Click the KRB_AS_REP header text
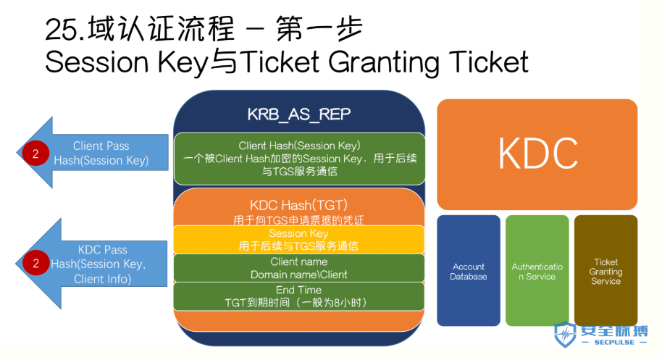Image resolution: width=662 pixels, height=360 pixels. coord(299,114)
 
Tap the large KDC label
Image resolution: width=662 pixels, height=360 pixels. coord(538,154)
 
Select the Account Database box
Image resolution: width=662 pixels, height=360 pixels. coord(468,270)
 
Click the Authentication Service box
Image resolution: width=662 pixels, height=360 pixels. coord(537,270)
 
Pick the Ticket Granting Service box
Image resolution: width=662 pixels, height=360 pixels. coord(606,270)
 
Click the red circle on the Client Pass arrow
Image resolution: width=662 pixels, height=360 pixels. coord(35,154)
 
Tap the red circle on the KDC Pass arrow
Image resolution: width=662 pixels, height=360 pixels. coord(35,263)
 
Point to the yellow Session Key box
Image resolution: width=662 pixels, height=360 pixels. coord(299,240)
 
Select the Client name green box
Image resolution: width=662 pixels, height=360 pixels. coord(299,268)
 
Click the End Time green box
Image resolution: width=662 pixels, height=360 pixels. coord(299,296)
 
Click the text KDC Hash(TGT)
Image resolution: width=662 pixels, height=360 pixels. coord(299,205)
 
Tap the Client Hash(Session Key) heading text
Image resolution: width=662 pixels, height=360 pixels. coord(299,146)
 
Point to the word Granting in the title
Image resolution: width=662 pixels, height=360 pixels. coord(384,63)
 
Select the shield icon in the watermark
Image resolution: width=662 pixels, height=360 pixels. coord(565,334)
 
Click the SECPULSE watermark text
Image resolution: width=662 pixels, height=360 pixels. coord(614,343)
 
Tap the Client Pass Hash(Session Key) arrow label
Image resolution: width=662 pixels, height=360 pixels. coord(101,154)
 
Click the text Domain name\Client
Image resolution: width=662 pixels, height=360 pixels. coord(299,275)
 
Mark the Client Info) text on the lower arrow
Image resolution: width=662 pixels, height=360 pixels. coord(103,279)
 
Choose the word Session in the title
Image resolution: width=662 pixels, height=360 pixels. coord(96,62)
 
